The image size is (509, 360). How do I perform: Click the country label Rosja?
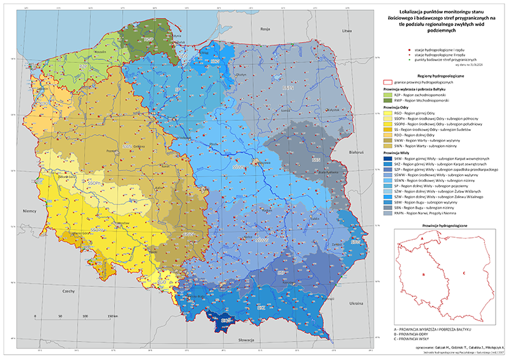265,30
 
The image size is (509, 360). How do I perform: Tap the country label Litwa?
347,31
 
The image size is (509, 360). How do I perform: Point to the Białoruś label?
355,153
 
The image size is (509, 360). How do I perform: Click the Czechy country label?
68,291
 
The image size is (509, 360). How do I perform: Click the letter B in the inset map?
423,275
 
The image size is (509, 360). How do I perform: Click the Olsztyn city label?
240,74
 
